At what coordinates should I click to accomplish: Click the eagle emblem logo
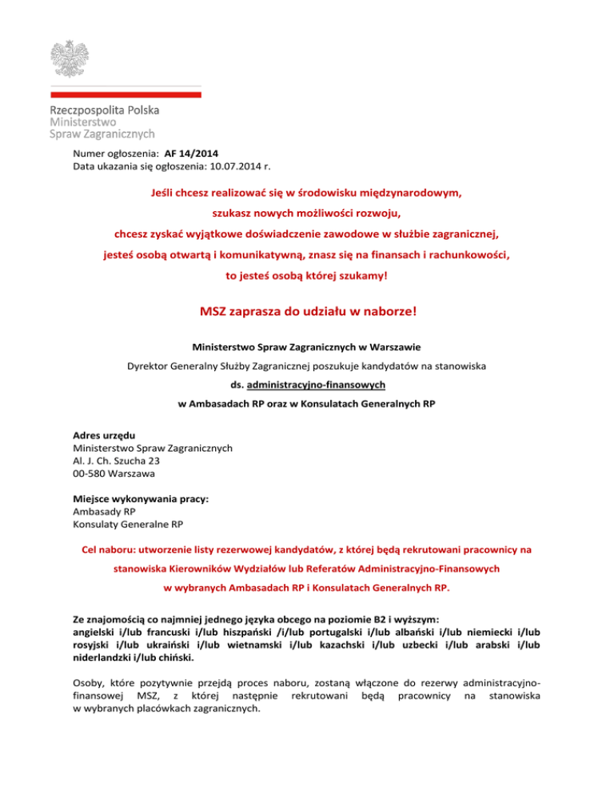pos(76,55)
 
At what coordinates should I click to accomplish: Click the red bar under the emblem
pos(126,94)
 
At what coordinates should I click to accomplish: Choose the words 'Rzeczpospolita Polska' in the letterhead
pos(104,110)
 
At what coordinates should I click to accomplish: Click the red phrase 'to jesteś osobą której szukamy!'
pos(307,277)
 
